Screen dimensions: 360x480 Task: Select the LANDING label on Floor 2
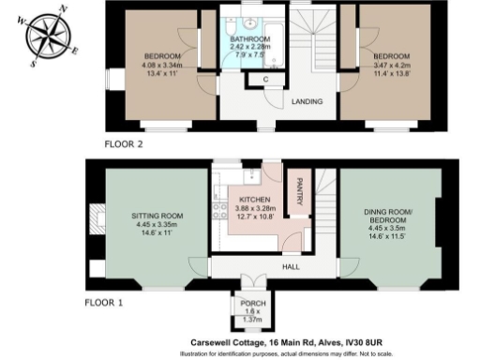[x=307, y=101]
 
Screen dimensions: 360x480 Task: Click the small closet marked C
[x=266, y=81]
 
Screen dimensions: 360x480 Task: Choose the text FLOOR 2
[x=125, y=145]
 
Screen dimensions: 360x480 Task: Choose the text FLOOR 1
[x=105, y=304]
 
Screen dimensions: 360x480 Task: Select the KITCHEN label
[x=254, y=202]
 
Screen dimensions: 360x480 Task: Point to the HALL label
[x=291, y=266]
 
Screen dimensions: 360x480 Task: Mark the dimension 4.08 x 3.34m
[x=161, y=66]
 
